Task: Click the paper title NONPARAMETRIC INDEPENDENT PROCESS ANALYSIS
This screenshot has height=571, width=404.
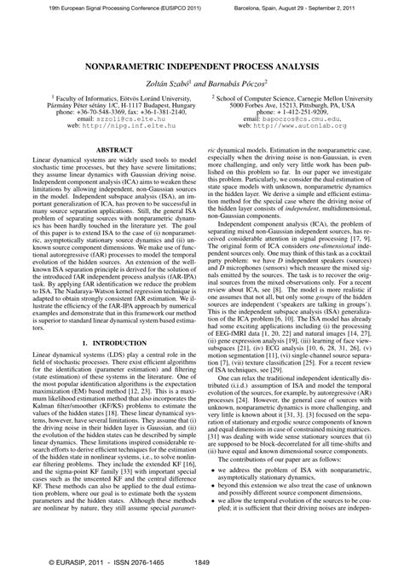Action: tap(202, 65)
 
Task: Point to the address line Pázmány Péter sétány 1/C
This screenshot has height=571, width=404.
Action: tap(105, 107)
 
